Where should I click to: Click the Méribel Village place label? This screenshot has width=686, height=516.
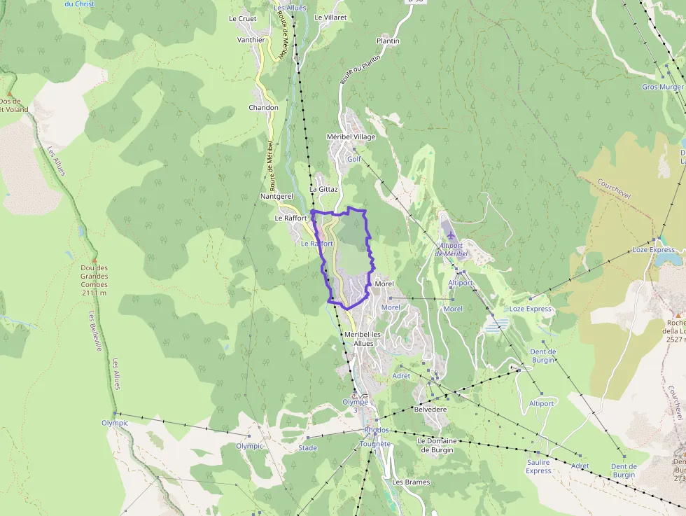[351, 137]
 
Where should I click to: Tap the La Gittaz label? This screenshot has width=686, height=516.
[323, 189]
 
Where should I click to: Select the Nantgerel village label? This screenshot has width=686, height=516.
[276, 197]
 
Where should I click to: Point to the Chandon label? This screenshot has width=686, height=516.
[263, 108]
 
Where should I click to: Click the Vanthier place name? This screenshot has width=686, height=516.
[251, 40]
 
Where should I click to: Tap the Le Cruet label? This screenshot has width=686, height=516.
[242, 19]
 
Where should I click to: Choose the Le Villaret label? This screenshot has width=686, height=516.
[330, 18]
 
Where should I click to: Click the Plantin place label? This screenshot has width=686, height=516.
[388, 41]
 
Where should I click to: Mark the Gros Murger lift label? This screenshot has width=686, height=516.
[661, 87]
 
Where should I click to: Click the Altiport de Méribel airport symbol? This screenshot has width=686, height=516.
[447, 230]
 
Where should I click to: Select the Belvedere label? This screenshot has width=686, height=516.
[430, 409]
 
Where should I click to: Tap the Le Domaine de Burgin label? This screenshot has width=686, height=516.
[435, 445]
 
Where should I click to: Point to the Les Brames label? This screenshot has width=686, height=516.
[411, 482]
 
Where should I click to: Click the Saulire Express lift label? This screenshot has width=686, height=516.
[538, 466]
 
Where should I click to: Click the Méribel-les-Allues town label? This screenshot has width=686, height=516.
[364, 339]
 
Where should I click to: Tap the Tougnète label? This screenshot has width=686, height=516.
[374, 444]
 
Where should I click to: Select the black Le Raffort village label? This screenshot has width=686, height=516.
[290, 218]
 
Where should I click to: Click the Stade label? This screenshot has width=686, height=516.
[307, 447]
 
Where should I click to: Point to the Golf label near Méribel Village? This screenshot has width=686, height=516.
[354, 159]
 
